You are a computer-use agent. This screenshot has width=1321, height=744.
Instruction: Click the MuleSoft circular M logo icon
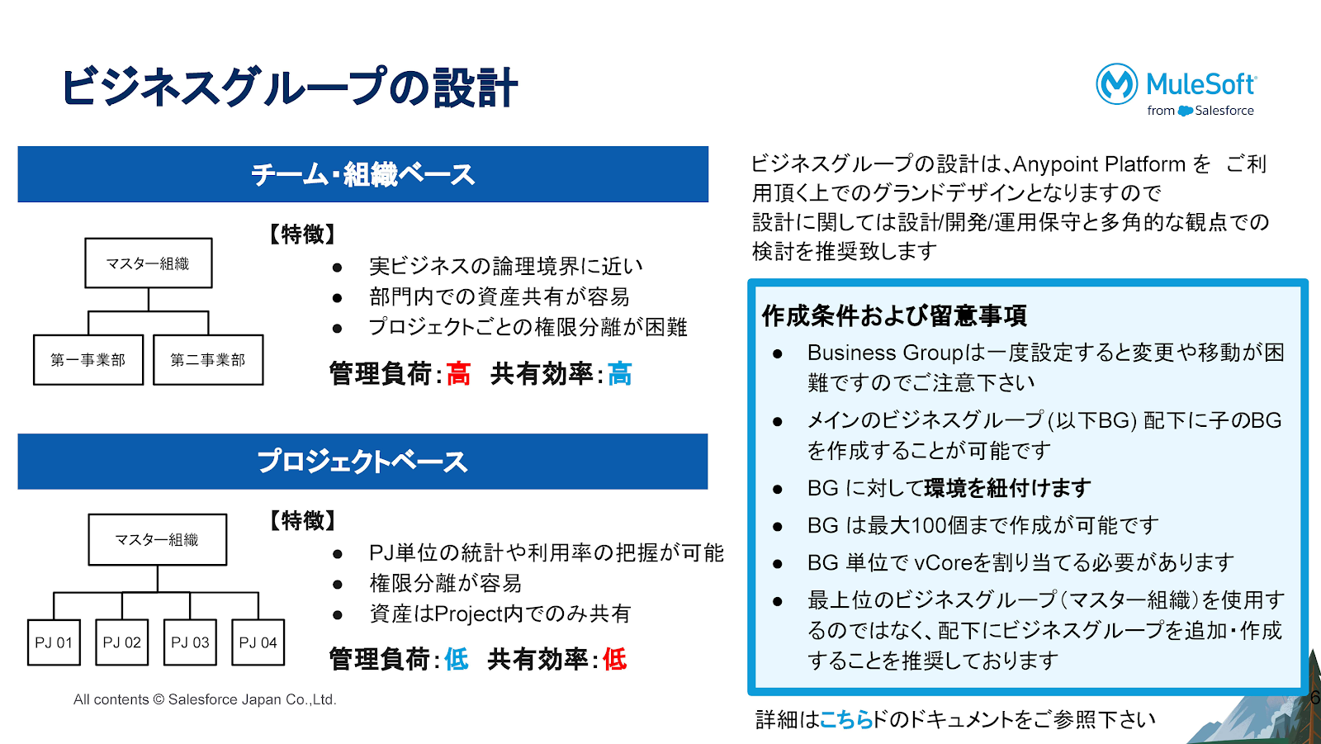[1116, 84]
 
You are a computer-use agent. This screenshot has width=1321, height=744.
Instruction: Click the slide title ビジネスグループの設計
[289, 88]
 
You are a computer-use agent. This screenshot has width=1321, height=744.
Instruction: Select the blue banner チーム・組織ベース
[362, 174]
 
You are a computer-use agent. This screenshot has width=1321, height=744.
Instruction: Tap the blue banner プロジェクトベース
[362, 462]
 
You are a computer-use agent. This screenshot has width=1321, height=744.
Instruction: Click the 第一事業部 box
[88, 360]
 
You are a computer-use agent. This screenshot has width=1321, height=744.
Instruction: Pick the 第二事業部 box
[208, 360]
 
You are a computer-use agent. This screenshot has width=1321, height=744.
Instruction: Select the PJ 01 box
[54, 642]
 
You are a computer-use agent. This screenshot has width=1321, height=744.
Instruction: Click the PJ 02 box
[122, 642]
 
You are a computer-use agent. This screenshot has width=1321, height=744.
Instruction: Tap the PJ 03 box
[190, 642]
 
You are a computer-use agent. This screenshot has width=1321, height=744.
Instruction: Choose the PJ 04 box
[258, 642]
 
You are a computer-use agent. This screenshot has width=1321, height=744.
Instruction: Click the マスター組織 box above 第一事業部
[149, 263]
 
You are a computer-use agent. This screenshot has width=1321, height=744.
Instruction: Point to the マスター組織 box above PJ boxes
[158, 540]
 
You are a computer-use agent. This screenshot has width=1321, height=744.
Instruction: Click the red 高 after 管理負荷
[458, 374]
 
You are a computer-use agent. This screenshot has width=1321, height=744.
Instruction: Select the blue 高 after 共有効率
[620, 374]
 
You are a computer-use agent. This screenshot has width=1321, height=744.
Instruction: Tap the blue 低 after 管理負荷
[457, 659]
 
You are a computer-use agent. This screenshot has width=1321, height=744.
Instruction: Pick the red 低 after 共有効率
[614, 659]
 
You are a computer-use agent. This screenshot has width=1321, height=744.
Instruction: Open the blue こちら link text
[846, 720]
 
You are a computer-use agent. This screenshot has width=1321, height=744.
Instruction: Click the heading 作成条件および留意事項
[894, 315]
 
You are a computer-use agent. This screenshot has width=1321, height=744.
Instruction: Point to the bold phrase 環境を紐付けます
[1007, 488]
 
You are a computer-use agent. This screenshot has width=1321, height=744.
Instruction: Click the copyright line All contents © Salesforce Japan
[205, 699]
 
